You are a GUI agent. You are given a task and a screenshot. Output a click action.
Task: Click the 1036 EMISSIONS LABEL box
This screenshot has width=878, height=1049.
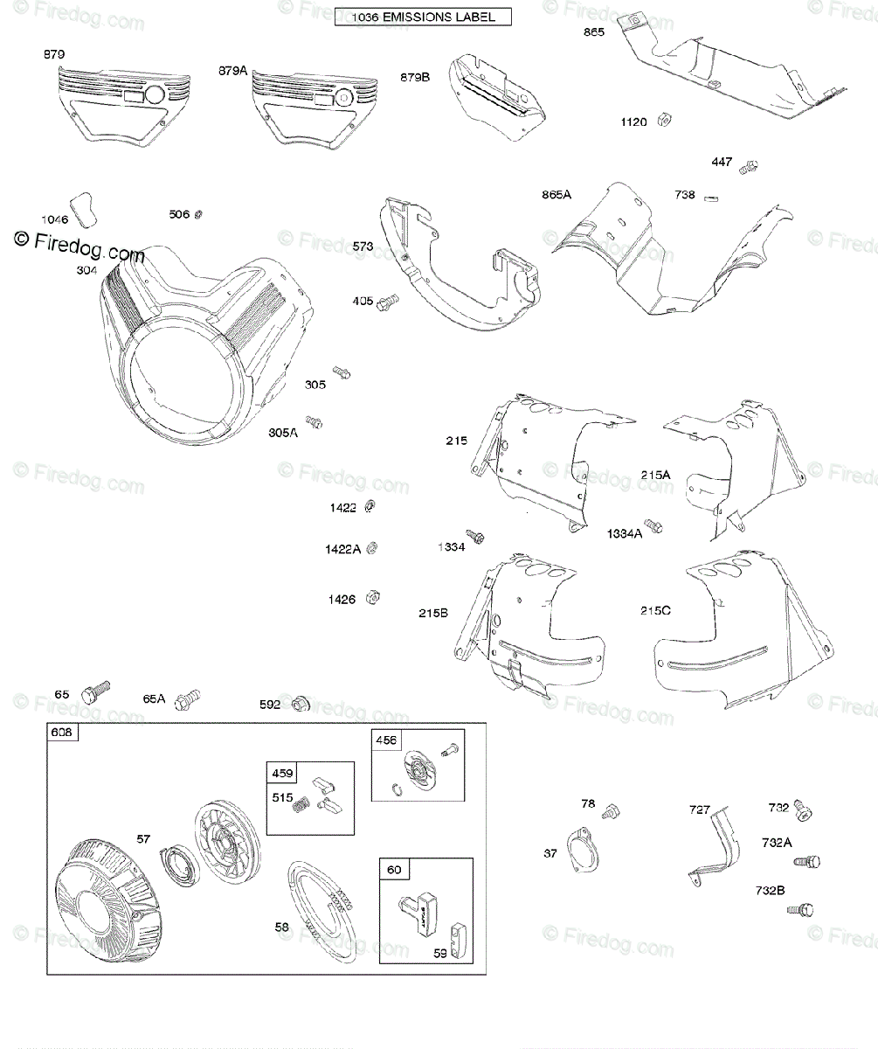[x=423, y=17]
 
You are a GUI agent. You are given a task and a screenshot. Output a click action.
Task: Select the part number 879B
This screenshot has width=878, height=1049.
[x=415, y=77]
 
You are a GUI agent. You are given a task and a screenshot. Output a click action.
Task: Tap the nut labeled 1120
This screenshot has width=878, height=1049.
[x=663, y=119]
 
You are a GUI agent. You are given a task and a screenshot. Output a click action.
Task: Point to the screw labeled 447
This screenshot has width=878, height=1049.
[x=748, y=165]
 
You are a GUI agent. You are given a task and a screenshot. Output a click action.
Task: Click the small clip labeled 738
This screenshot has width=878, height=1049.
[x=712, y=197]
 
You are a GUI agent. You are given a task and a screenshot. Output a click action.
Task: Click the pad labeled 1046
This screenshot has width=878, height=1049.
[x=84, y=207]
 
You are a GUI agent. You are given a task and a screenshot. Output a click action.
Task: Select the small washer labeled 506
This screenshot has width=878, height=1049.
[x=199, y=214]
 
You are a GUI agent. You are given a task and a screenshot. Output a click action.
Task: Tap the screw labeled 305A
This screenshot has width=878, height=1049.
[x=314, y=422]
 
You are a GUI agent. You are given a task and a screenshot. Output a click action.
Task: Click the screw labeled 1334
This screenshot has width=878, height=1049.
[x=475, y=535]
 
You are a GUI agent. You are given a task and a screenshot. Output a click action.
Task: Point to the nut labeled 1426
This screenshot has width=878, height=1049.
[x=370, y=596]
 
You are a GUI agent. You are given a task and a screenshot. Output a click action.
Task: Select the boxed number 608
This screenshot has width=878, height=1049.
[x=63, y=733]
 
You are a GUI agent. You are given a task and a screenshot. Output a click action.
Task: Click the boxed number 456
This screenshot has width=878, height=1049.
[x=386, y=740]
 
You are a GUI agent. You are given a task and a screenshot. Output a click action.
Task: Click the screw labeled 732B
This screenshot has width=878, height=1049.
[x=800, y=911]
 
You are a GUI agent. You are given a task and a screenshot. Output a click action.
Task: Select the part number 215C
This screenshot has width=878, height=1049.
[x=655, y=611]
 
